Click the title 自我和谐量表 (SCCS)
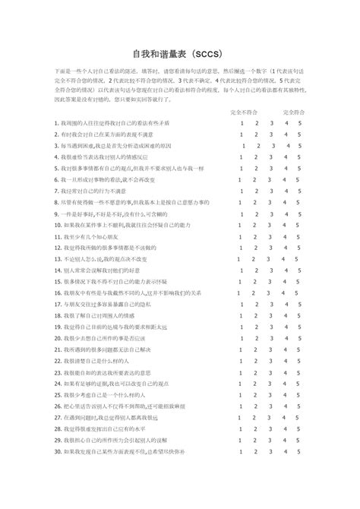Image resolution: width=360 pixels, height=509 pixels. [x=179, y=55]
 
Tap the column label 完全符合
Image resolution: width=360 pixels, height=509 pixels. [x=293, y=111]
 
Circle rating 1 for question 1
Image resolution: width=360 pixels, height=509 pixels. [x=241, y=122]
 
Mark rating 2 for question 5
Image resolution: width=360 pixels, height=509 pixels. [x=257, y=169]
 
